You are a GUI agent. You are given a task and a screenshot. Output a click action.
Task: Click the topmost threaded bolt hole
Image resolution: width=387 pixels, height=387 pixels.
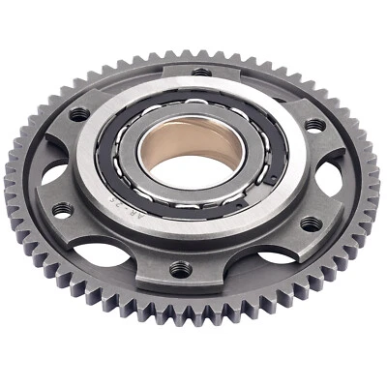point(200,71)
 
